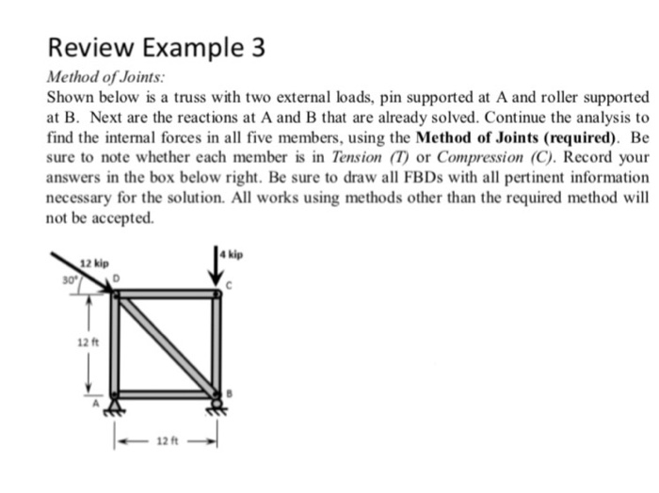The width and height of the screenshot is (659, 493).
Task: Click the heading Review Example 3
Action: pyautogui.click(x=156, y=48)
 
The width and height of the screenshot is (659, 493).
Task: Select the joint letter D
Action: pyautogui.click(x=118, y=278)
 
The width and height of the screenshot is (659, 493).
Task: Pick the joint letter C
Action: pyautogui.click(x=227, y=285)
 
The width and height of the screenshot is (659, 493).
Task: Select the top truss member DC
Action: pyautogui.click(x=166, y=294)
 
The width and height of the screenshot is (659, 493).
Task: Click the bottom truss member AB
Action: pyautogui.click(x=166, y=394)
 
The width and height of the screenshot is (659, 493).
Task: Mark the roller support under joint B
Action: pyautogui.click(x=217, y=406)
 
